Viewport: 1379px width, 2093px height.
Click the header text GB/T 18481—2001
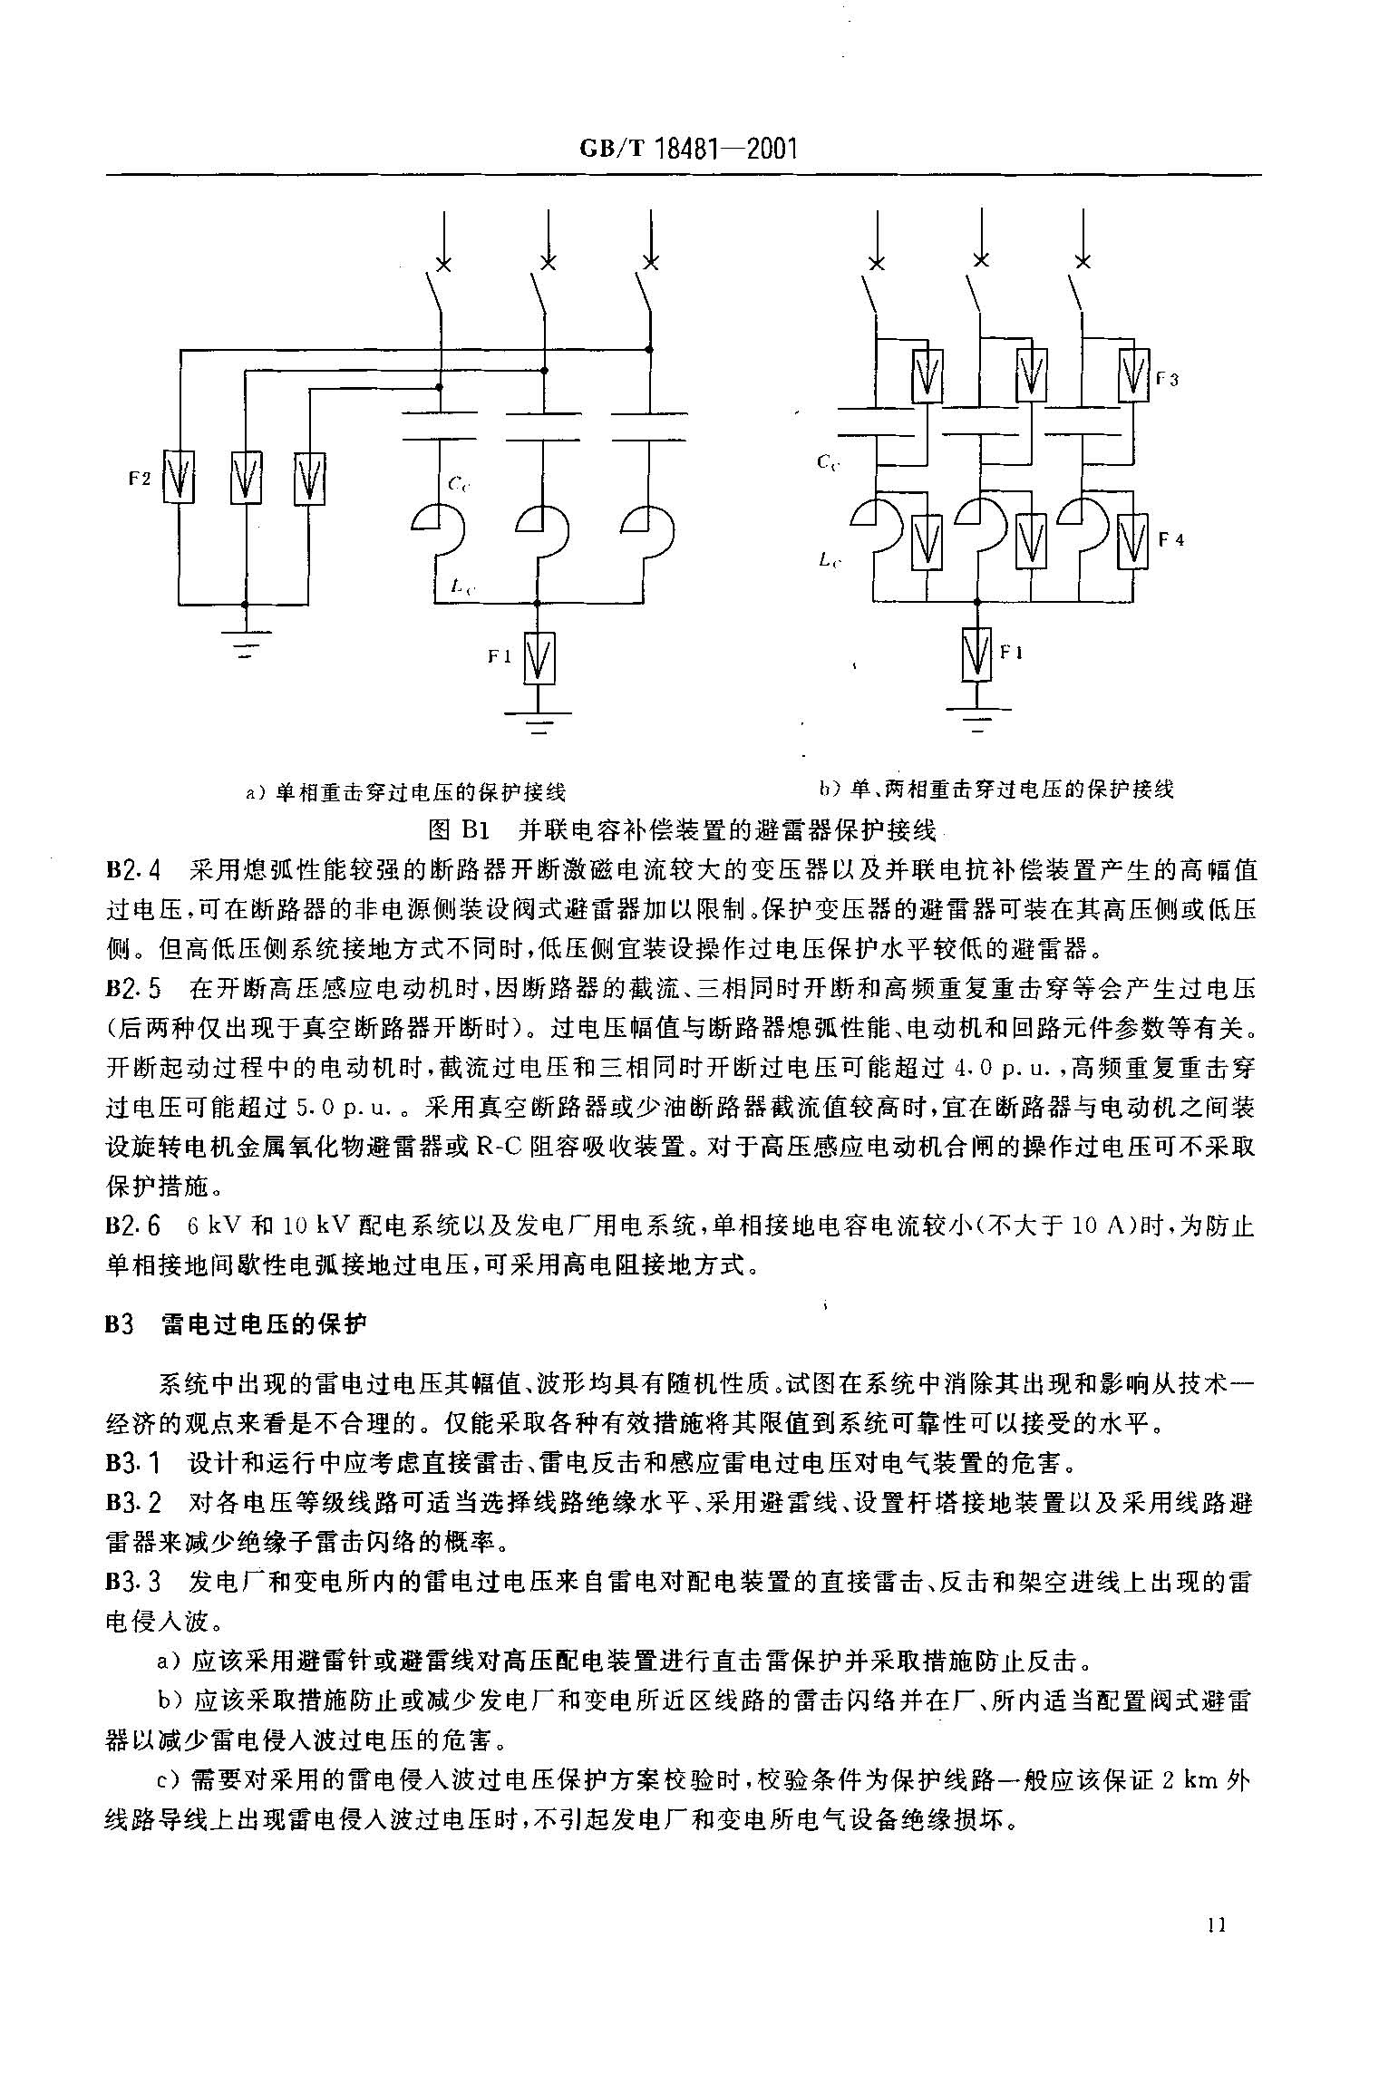(x=687, y=149)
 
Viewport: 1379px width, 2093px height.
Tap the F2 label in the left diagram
(x=139, y=479)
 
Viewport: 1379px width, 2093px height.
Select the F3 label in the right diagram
(x=1167, y=380)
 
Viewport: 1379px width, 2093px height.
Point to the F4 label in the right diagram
(x=1172, y=539)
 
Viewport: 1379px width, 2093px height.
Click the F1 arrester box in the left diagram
(x=539, y=658)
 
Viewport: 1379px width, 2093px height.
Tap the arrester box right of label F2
(x=179, y=477)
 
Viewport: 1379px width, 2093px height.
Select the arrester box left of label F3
(x=1133, y=375)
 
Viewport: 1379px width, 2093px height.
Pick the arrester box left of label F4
(x=1133, y=541)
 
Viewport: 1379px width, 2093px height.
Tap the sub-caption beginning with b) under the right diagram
(x=995, y=789)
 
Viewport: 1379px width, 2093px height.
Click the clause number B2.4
(x=133, y=871)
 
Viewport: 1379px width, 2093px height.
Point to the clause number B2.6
(x=133, y=1226)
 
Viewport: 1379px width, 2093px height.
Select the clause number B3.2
(x=133, y=1503)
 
